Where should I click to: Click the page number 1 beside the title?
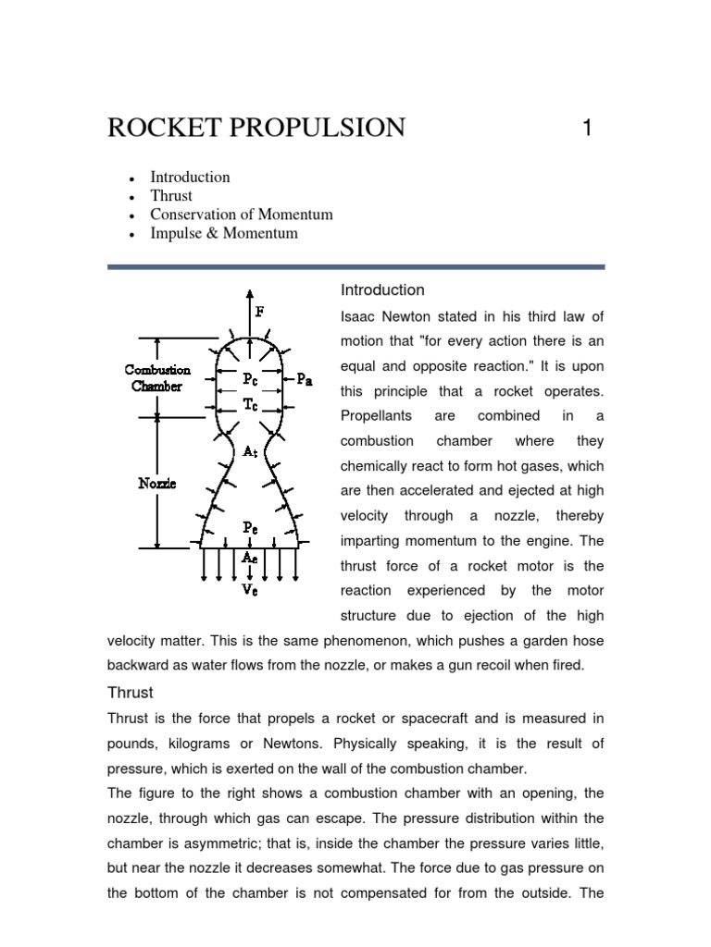point(586,128)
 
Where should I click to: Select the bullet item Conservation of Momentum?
point(242,215)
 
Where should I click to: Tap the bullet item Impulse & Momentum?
point(224,233)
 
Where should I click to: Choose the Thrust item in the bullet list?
point(171,195)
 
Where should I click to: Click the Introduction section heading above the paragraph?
point(382,290)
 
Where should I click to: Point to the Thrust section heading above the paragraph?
point(131,692)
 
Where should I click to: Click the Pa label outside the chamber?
point(305,378)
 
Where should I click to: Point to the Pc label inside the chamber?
point(250,378)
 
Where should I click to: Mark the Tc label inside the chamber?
point(250,403)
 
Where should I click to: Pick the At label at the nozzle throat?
point(250,452)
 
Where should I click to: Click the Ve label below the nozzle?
point(250,589)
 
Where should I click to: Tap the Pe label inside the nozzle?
point(250,527)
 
